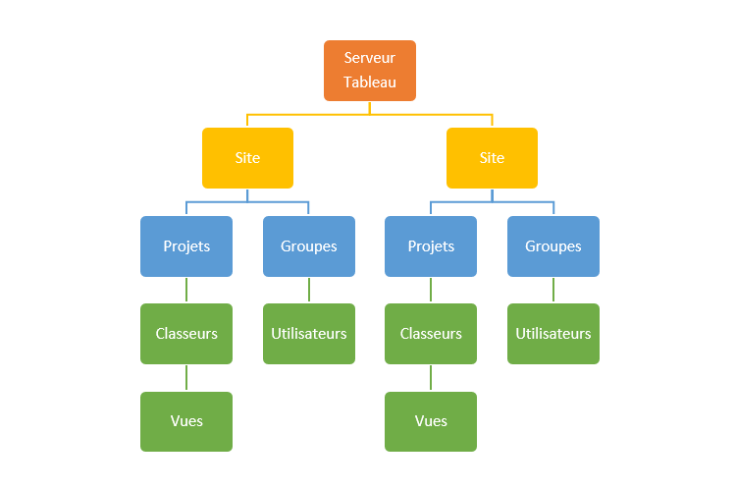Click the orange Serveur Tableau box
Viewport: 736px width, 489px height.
(370, 71)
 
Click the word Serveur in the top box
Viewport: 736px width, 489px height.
(370, 59)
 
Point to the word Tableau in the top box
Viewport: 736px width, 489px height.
(370, 82)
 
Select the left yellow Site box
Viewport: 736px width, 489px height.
(247, 158)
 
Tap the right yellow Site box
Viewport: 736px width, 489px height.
(492, 158)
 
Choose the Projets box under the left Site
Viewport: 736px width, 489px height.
(186, 246)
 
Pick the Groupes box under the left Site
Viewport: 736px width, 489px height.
(309, 246)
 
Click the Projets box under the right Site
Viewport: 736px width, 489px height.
(431, 246)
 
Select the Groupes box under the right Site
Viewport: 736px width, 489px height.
(553, 246)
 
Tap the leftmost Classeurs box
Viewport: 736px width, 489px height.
(186, 334)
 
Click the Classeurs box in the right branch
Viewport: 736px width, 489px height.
(431, 334)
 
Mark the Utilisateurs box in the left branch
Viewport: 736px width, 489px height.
(309, 334)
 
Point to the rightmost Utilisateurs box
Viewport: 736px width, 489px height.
(553, 334)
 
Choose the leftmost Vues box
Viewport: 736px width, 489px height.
(186, 421)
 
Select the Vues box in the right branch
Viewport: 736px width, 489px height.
(431, 421)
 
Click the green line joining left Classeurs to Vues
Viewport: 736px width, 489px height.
(186, 378)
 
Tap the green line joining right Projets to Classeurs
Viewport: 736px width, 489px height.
(431, 291)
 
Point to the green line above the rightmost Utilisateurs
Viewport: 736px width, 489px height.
(553, 291)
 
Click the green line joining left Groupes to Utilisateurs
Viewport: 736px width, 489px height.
(309, 291)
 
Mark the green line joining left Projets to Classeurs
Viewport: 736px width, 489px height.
(186, 291)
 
